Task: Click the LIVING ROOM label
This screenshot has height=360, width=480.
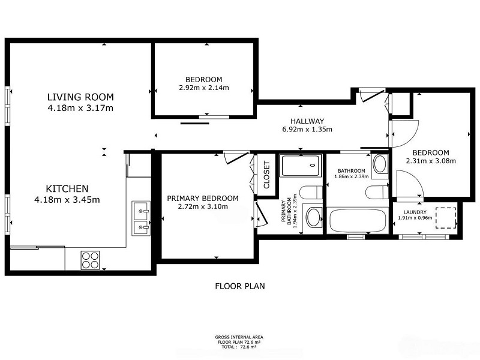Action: point(80,97)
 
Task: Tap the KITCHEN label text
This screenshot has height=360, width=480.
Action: point(67,188)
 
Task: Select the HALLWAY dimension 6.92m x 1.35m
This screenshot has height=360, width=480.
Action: point(307,130)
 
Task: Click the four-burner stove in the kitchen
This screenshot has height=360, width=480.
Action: point(91,260)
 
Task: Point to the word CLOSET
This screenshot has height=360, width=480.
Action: point(266,175)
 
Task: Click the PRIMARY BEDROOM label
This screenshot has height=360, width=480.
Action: point(203,199)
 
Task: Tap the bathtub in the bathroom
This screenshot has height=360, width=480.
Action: point(357,220)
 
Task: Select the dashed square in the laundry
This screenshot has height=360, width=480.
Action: point(446,218)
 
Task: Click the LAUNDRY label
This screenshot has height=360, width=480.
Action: point(415,212)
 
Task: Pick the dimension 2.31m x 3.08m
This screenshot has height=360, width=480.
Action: point(431,161)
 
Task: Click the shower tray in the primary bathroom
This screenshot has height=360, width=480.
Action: point(301,166)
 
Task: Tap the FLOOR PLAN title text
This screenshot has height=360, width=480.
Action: point(240,286)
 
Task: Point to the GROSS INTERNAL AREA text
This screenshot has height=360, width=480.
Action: point(239,337)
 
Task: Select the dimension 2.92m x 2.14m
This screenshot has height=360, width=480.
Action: point(204,88)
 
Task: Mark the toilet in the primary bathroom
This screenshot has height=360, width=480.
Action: point(311,192)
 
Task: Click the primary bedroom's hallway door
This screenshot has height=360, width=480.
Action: point(236,157)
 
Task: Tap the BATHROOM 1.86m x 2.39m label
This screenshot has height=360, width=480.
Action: point(352,173)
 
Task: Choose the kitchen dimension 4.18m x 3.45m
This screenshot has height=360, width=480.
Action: point(67,200)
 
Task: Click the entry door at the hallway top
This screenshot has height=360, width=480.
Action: point(371,95)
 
